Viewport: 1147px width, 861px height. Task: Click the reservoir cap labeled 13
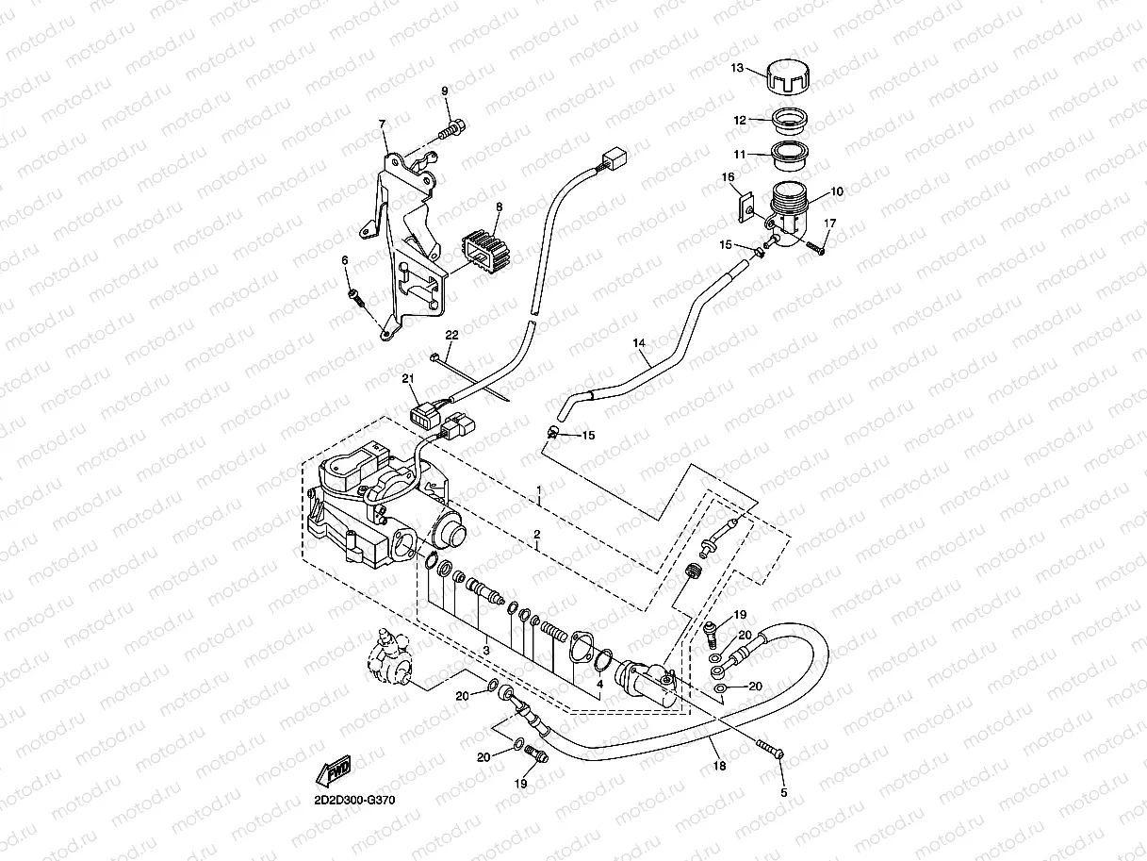coord(789,77)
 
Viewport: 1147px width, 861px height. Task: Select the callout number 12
coord(740,120)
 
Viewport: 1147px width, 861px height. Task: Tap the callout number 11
coord(740,155)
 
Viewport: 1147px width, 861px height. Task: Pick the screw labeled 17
coord(815,248)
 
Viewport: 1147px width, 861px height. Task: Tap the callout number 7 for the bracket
coord(382,124)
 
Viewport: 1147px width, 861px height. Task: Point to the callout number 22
coord(451,335)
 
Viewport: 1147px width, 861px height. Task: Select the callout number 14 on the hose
coord(639,343)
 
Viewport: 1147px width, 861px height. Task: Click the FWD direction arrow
coord(334,770)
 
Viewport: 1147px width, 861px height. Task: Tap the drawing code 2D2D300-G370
coord(354,801)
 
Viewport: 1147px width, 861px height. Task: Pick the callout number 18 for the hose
coord(719,766)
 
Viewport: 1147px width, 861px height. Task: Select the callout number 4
coord(599,684)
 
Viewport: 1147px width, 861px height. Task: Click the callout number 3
coord(486,651)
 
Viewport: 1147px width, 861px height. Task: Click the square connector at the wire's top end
coord(614,157)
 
